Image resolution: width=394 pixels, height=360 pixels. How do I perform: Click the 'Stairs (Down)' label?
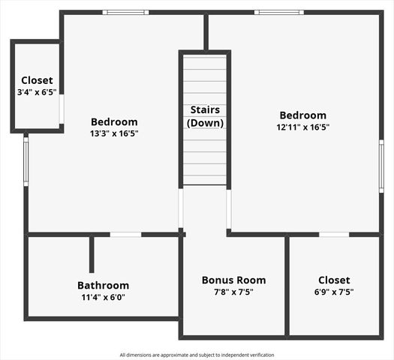point(205,116)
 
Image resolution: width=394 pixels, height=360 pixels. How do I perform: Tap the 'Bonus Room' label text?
point(233,280)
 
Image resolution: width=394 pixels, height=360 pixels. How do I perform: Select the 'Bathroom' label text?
point(103,285)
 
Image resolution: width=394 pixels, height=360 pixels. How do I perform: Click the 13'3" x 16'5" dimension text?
point(114,133)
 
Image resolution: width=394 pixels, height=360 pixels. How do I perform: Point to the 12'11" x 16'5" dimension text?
point(302,127)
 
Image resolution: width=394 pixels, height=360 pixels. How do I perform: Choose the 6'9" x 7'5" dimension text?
point(333,292)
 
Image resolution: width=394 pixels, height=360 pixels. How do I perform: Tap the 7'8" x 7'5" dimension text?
point(233,292)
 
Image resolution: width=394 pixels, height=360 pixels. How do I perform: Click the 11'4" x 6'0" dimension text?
point(103,297)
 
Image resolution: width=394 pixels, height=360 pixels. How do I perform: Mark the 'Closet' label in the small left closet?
point(37,80)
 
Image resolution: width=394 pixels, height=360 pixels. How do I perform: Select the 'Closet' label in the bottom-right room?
point(333,280)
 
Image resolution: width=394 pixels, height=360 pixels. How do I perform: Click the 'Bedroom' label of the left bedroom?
point(114,121)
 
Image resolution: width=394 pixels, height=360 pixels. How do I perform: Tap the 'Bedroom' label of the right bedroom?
point(302,115)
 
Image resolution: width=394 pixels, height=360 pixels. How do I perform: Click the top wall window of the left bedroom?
point(125,12)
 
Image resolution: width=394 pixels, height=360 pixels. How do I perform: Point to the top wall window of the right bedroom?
point(278,12)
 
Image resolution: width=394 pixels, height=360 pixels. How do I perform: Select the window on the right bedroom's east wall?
point(381,166)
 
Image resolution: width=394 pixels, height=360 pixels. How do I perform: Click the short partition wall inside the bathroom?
point(92,254)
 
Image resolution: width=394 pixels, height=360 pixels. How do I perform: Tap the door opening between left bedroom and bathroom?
point(125,235)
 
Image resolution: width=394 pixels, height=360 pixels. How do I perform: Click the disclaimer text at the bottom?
point(197,355)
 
